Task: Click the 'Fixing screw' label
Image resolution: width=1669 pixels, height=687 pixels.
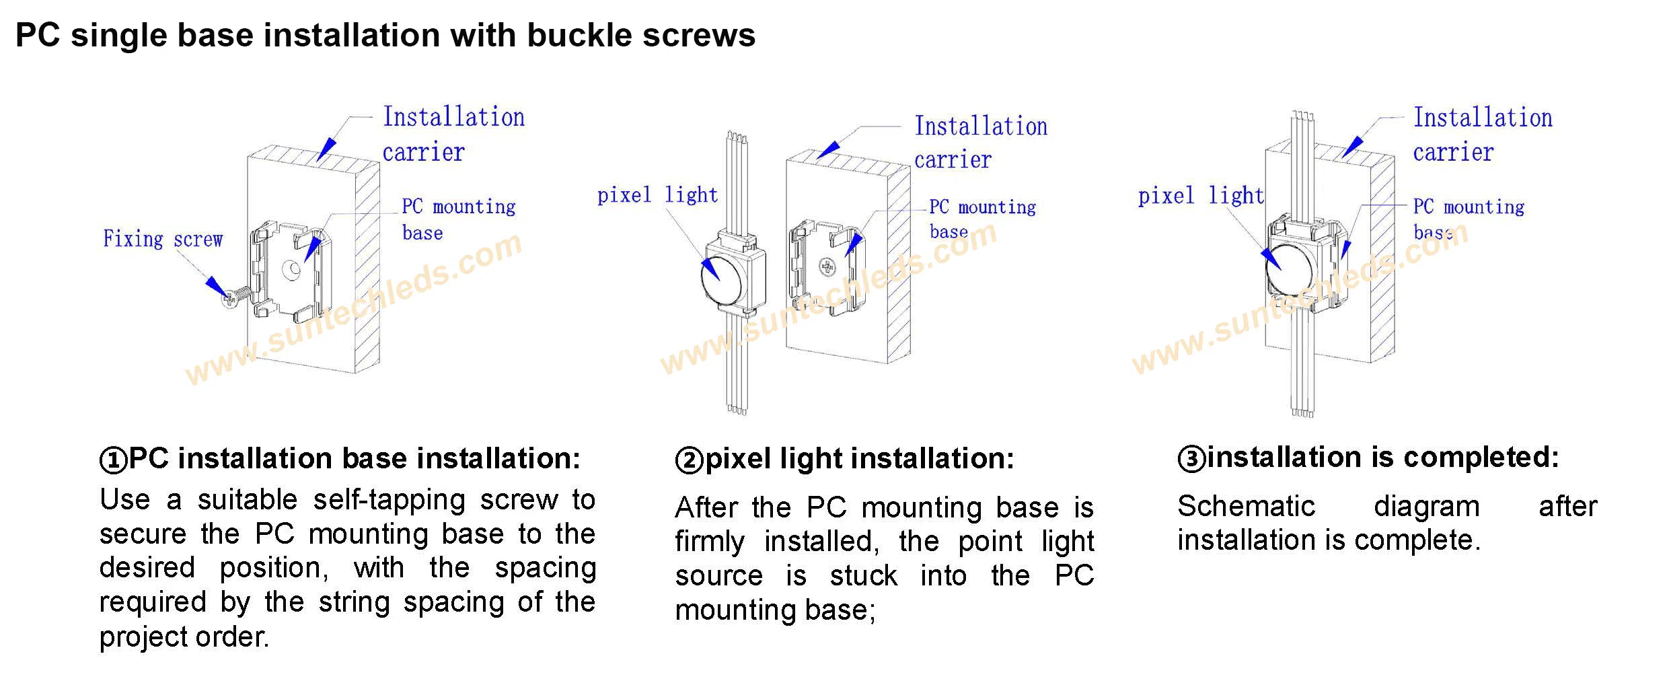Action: pos(162,239)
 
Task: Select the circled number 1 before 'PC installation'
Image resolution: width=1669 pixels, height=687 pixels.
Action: pos(113,460)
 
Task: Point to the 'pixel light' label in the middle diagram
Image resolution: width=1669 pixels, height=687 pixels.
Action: pos(657,195)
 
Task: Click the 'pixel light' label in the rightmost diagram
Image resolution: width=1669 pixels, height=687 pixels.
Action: pos(1200,196)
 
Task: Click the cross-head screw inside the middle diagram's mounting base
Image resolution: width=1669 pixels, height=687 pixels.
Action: pos(826,267)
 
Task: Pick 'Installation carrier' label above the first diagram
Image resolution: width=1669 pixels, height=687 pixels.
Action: pos(452,134)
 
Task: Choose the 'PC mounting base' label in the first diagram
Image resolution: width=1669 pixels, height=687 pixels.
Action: pos(457,219)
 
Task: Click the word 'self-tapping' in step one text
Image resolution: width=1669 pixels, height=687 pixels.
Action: pos(389,500)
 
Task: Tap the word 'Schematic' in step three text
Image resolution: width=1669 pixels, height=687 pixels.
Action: pos(1246,506)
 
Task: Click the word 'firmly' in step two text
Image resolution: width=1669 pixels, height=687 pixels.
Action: pos(709,542)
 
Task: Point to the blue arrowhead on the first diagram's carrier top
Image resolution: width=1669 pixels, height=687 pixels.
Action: pos(327,149)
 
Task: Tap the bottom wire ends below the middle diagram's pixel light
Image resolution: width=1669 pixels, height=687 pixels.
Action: pos(737,409)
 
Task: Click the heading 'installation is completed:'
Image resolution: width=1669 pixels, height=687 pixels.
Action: pos(1382,458)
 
